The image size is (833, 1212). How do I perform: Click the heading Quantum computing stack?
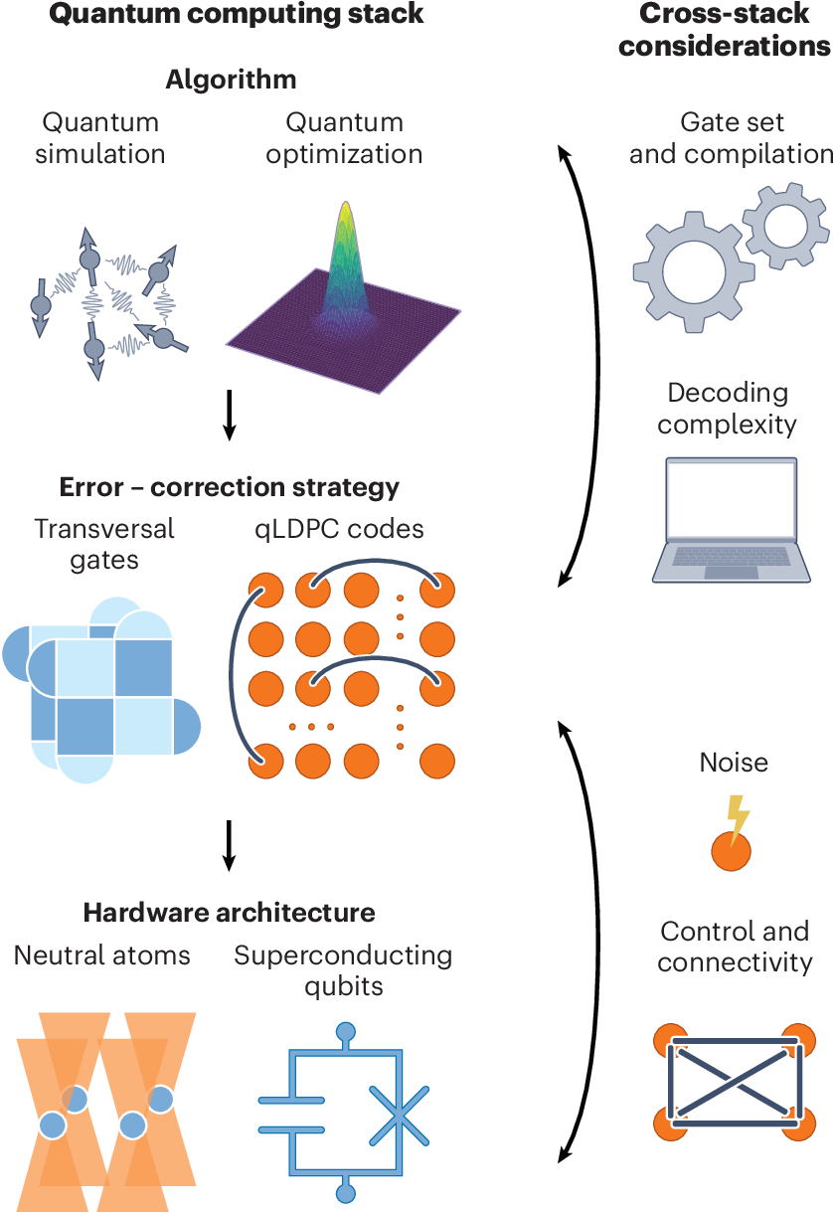[237, 14]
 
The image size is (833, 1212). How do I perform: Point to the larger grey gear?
[693, 271]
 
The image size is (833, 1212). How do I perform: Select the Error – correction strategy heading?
[229, 488]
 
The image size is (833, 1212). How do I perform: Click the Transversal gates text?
[104, 544]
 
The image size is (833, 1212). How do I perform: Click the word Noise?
[734, 763]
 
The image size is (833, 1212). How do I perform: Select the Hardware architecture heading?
[229, 912]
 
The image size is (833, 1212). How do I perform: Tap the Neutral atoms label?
[102, 955]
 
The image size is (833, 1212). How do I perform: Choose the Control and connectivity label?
[734, 947]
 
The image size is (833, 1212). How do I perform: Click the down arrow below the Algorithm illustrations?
[230, 416]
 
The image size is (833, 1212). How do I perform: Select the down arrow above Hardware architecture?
[230, 843]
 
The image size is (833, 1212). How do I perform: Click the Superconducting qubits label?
[343, 970]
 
